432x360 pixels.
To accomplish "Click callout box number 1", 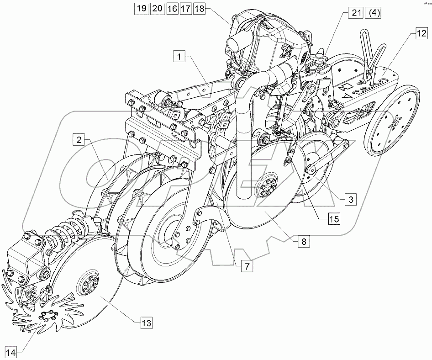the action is [180, 57].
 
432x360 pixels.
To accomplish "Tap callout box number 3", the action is [350, 199].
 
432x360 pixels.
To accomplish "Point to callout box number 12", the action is [421, 32].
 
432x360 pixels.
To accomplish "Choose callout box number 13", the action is [146, 323].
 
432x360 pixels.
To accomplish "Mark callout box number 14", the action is [12, 352].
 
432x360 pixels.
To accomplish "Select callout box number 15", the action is [334, 219].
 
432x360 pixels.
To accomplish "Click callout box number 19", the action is [141, 9].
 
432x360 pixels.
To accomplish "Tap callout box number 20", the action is [157, 9].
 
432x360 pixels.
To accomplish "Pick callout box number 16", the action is [172, 9].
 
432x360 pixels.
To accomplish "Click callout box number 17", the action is [186, 9].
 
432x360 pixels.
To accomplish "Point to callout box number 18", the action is [200, 9].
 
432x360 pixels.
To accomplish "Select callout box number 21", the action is [357, 13].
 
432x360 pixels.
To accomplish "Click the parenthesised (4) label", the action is [374, 13].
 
